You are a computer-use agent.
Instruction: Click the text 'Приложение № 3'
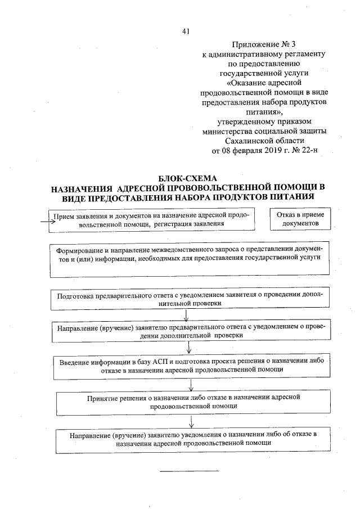tap(264, 44)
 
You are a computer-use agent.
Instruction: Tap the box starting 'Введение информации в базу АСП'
tap(192, 364)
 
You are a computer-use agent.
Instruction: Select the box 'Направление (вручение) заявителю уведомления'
tap(193, 439)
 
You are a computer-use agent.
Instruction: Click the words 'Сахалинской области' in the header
tap(264, 141)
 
